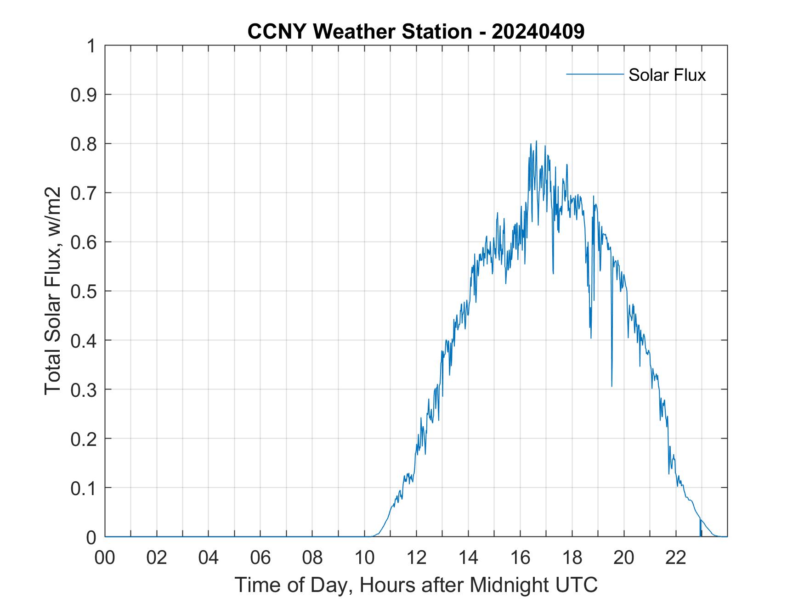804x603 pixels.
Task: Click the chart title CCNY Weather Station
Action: (359, 32)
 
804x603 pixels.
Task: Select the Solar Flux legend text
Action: (667, 75)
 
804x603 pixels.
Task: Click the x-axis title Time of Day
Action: (416, 585)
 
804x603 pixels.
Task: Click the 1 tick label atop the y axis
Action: (92, 46)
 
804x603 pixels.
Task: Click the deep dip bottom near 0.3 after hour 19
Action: (611, 386)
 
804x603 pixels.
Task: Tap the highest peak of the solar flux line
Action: (536, 141)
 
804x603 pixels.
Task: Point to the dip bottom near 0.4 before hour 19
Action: (591, 338)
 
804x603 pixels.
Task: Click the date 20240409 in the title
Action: (538, 32)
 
